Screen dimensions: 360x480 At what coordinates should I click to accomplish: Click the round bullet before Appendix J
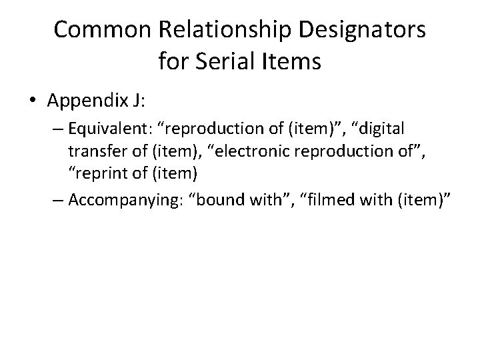tap(33, 101)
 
